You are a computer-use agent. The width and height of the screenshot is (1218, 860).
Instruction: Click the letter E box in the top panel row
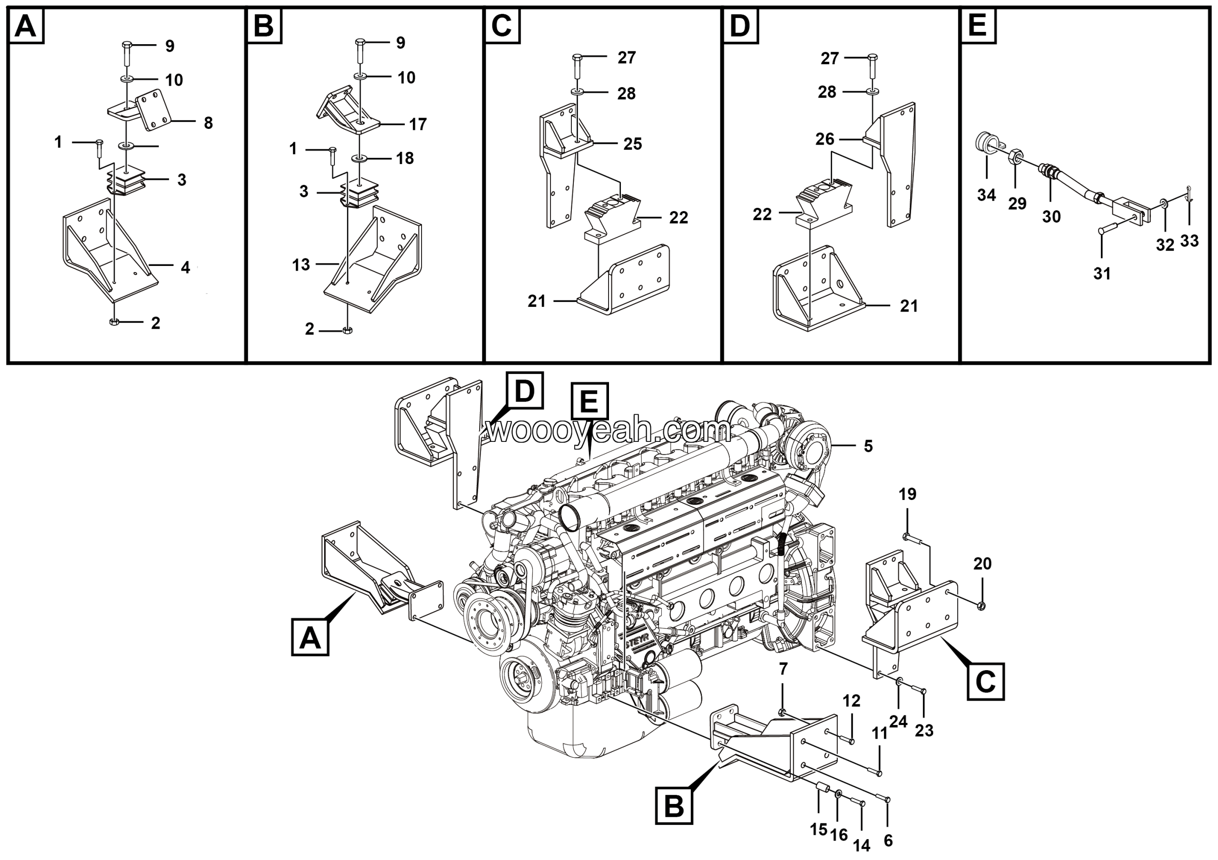pyautogui.click(x=977, y=26)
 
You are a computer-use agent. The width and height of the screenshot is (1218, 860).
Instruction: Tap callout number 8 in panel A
pyautogui.click(x=208, y=123)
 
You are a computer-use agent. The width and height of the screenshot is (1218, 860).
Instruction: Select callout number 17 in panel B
pyautogui.click(x=417, y=124)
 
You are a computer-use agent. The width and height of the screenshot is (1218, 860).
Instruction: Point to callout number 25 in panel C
pyautogui.click(x=632, y=144)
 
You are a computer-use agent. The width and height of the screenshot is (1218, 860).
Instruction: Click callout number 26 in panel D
pyautogui.click(x=825, y=139)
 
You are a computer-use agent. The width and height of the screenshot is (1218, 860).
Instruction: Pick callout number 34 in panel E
pyautogui.click(x=986, y=195)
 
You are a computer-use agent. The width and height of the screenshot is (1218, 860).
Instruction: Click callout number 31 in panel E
pyautogui.click(x=1102, y=274)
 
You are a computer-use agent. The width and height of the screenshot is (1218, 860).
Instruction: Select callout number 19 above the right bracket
pyautogui.click(x=907, y=494)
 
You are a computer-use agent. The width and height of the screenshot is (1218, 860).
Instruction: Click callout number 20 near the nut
pyautogui.click(x=982, y=564)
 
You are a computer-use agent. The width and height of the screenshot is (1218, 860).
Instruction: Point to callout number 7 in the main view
pyautogui.click(x=783, y=669)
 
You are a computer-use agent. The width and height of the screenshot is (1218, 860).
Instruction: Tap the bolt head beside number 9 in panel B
pyautogui.click(x=360, y=41)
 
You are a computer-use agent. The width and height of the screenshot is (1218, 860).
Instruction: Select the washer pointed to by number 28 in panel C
pyautogui.click(x=577, y=92)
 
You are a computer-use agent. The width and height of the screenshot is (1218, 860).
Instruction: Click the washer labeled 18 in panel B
pyautogui.click(x=360, y=158)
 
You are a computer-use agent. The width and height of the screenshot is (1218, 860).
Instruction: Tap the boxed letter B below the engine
pyautogui.click(x=674, y=806)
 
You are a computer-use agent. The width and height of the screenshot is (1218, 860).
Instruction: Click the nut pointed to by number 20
pyautogui.click(x=981, y=606)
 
